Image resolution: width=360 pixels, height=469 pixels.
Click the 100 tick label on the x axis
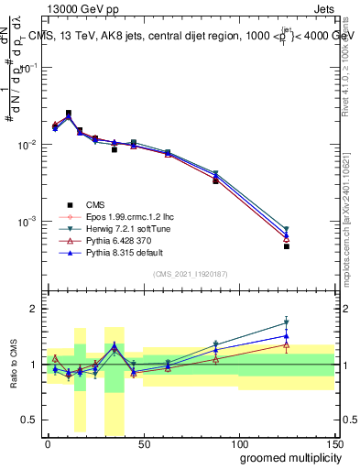coord(238,443)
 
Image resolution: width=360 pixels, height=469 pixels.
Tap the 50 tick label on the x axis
coord(143,443)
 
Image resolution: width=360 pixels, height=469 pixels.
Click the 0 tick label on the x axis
coord(48,443)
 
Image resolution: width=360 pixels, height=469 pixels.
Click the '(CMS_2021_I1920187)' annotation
coord(190,273)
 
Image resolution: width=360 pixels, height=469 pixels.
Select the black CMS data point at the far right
coord(287,246)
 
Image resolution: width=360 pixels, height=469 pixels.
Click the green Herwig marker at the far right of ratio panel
coord(287,322)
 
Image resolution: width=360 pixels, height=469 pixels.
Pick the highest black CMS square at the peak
coord(69,113)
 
